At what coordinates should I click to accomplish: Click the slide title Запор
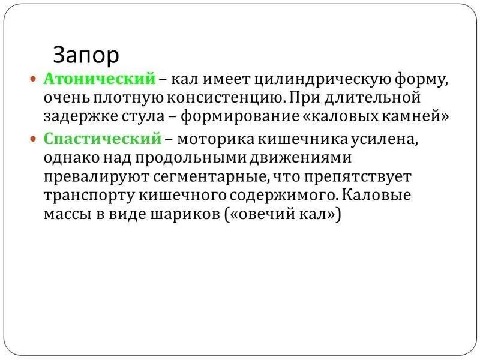[x=86, y=55]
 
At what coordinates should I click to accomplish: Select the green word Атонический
[x=99, y=79]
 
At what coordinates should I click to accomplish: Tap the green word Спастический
[x=103, y=139]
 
